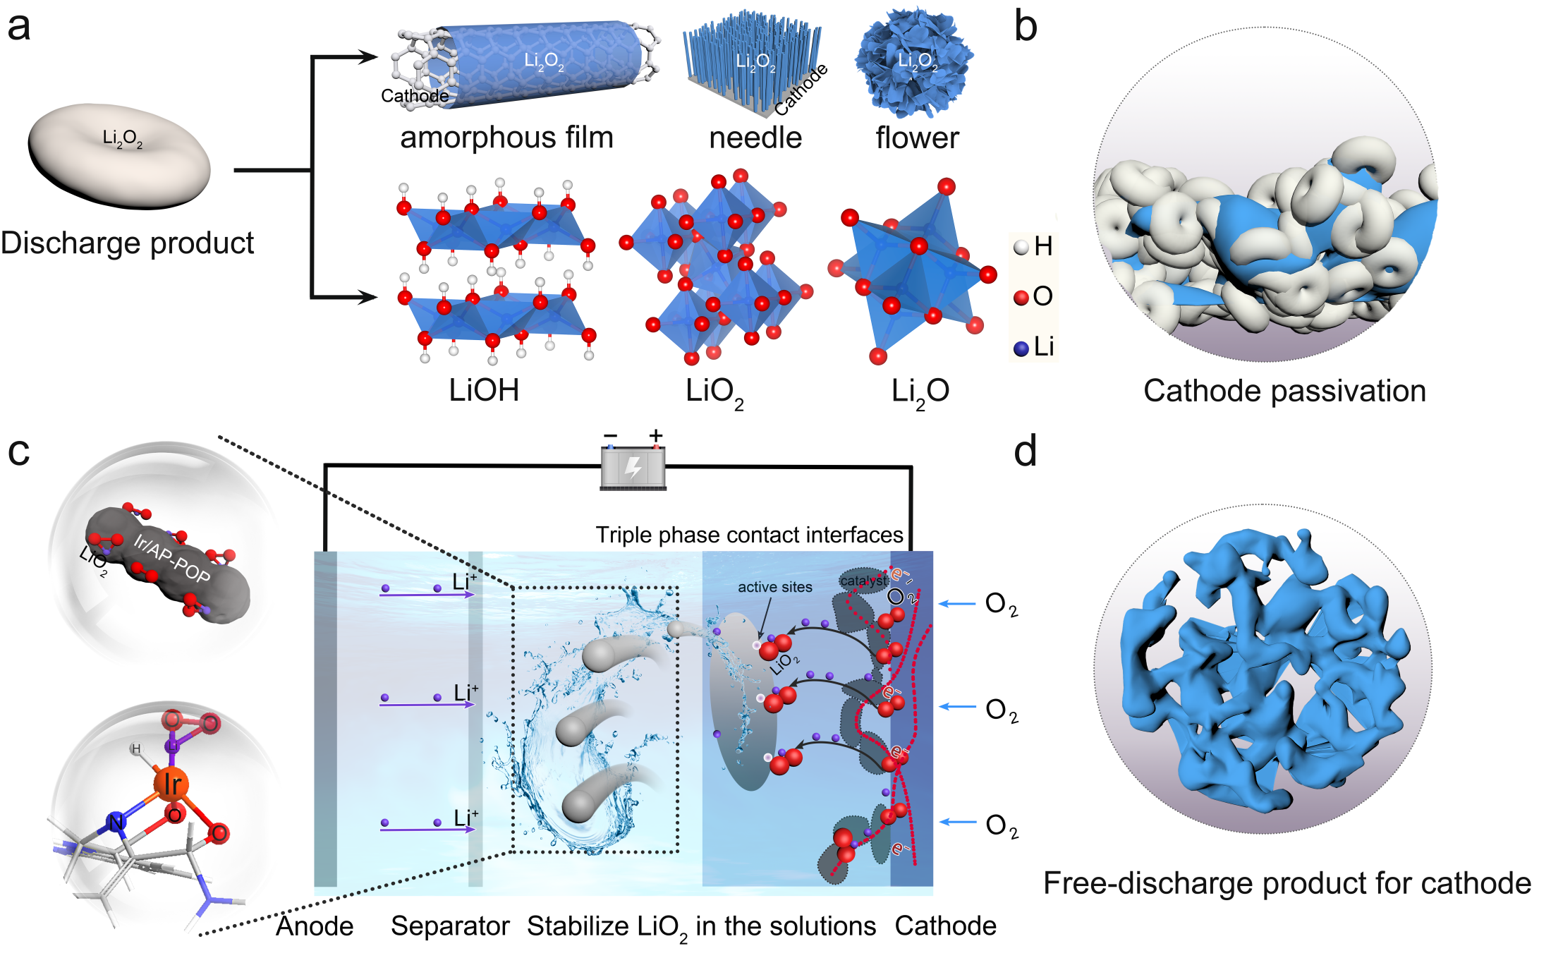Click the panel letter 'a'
[x=19, y=28]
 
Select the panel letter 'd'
[x=1025, y=451]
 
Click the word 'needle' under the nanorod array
[x=755, y=138]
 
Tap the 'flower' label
[x=917, y=138]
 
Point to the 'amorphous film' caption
[x=506, y=137]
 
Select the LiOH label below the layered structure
[x=484, y=390]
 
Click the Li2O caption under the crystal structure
[x=920, y=392]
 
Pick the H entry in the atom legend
[x=1034, y=247]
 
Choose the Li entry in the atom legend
[x=1035, y=347]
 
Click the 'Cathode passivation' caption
[x=1284, y=391]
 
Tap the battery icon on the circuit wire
[x=633, y=468]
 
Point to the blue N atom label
[x=116, y=822]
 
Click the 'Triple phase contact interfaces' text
[x=748, y=535]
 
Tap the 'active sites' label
[x=774, y=587]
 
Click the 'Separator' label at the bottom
[x=450, y=926]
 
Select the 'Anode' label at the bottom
[x=315, y=926]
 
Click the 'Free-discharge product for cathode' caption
[x=1287, y=883]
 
